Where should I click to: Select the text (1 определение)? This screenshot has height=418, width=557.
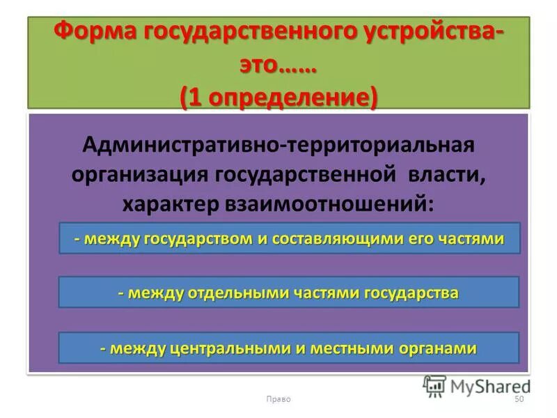click(x=278, y=97)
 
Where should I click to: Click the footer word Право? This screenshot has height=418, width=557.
click(x=278, y=399)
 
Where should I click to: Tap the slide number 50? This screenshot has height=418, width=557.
click(x=518, y=399)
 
